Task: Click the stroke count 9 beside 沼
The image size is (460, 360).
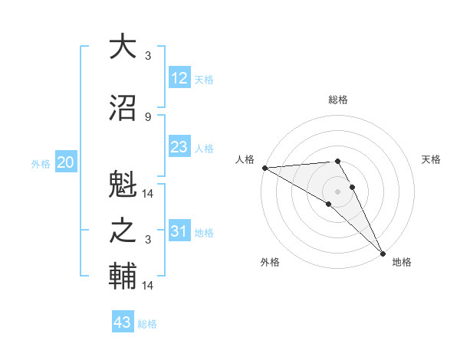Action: tap(148, 117)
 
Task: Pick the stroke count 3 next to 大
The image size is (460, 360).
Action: tap(148, 56)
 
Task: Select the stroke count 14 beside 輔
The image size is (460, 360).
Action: tap(149, 286)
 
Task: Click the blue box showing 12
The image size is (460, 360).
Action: tap(179, 77)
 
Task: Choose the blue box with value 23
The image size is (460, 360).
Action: tap(179, 147)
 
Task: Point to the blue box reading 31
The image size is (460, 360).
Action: tap(179, 231)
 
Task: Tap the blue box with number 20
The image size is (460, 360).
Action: tap(66, 162)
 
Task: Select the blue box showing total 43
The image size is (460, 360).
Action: tap(123, 322)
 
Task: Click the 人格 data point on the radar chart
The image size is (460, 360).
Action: tap(264, 168)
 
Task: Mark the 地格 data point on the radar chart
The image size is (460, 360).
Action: tap(383, 252)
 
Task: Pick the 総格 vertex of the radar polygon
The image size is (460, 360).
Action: tap(337, 161)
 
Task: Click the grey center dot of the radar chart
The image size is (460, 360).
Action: tap(337, 191)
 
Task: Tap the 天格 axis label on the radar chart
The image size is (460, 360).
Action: tap(432, 159)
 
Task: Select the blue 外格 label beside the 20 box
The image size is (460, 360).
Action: tap(41, 163)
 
